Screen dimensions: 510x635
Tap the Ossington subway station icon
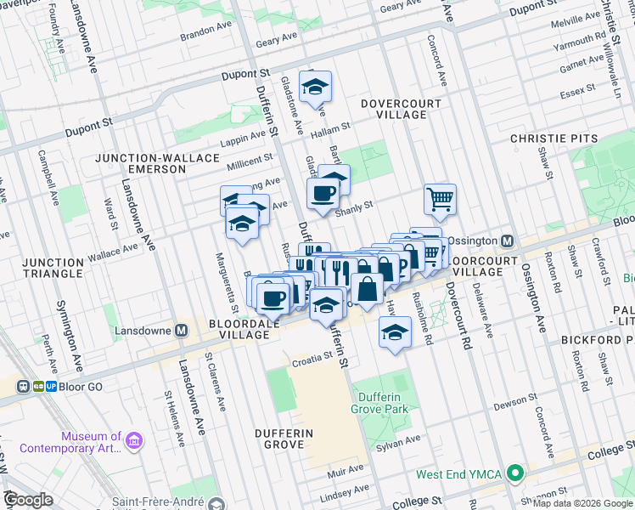(507, 241)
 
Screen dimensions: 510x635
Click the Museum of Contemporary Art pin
(134, 440)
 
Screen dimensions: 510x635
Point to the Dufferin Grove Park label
(379, 402)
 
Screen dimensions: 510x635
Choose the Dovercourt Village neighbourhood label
(392, 109)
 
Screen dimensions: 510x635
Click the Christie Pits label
(555, 138)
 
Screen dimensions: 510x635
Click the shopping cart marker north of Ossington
(440, 199)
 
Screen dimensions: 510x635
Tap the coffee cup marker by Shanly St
(323, 194)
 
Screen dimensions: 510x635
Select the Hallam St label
(330, 127)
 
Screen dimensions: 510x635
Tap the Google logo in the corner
(28, 500)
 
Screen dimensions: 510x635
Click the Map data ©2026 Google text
(582, 503)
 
